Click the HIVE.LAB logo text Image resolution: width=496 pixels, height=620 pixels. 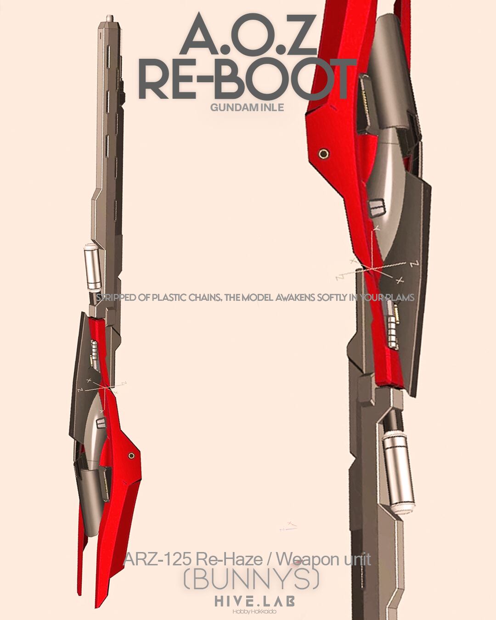click(x=255, y=601)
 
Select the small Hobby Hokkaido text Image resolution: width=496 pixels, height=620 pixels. click(x=254, y=611)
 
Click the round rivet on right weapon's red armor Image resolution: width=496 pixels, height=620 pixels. click(x=324, y=154)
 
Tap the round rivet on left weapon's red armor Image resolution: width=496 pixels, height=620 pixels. click(x=131, y=456)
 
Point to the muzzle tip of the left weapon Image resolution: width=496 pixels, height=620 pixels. click(x=109, y=18)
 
